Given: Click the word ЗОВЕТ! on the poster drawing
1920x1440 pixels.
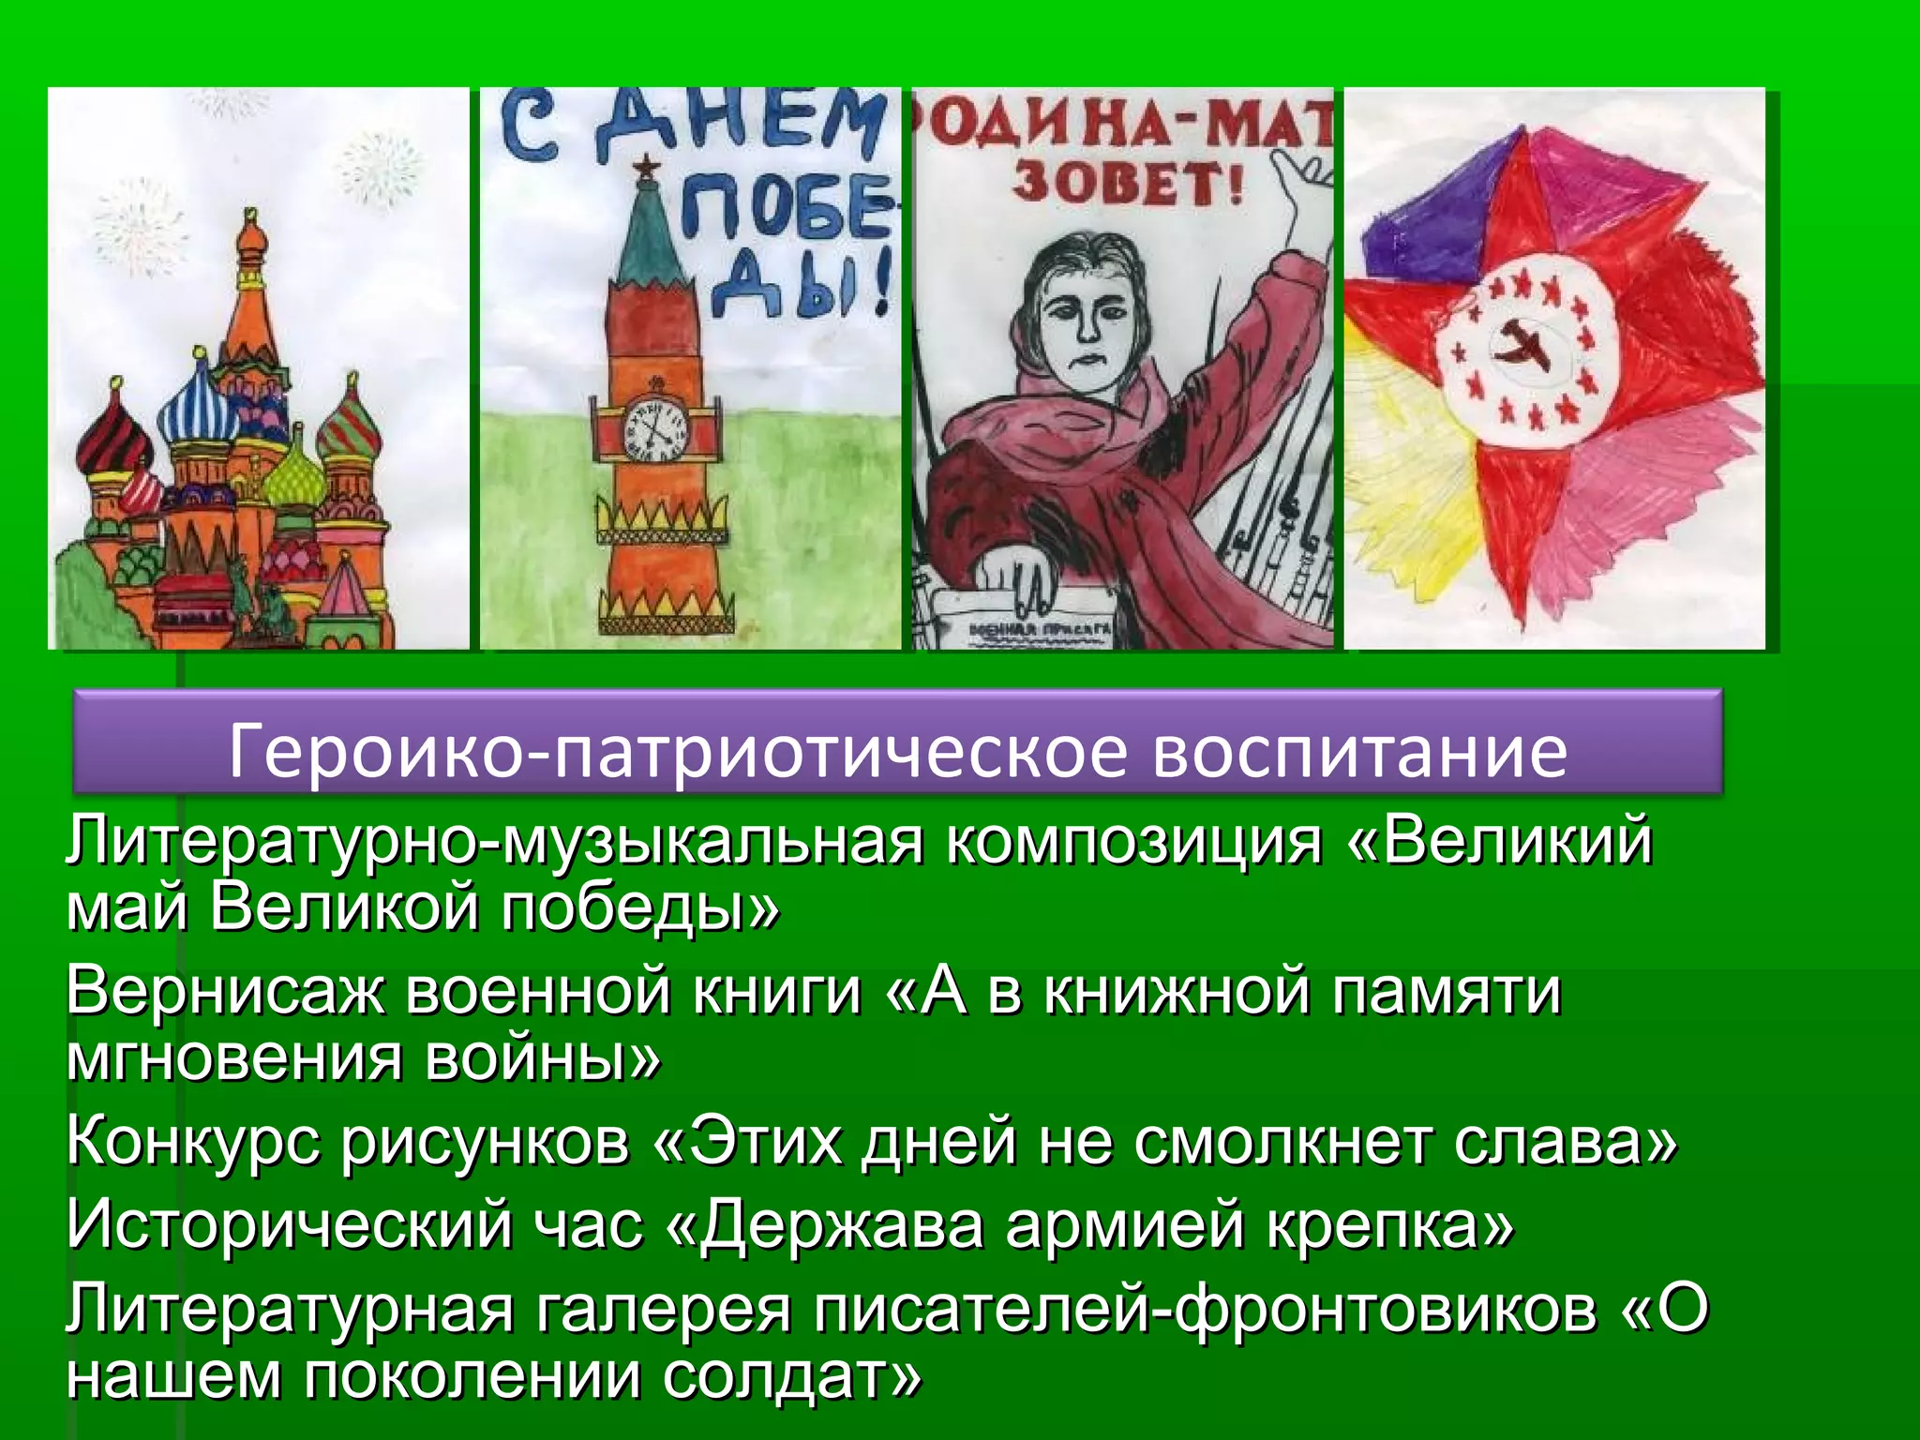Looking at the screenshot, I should (1126, 185).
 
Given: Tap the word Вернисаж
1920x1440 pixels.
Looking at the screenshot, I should (225, 991).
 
